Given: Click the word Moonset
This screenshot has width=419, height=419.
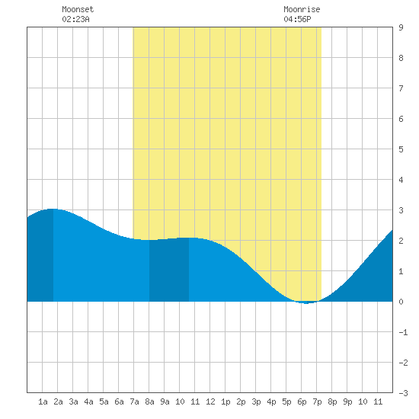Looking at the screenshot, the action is (x=78, y=9).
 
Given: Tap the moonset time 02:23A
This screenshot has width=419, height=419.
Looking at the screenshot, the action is (x=75, y=19).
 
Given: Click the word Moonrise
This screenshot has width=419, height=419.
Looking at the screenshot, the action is (x=302, y=9).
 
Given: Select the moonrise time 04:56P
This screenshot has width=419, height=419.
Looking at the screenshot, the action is (x=297, y=19).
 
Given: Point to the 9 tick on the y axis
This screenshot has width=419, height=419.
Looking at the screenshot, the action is (x=401, y=27).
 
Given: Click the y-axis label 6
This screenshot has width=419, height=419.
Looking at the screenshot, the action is (x=401, y=119).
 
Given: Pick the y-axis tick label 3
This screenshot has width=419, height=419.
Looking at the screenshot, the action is (x=401, y=210).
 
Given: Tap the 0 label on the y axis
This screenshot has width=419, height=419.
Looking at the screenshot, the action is (x=401, y=302).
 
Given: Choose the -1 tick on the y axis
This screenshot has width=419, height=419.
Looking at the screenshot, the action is (x=403, y=332).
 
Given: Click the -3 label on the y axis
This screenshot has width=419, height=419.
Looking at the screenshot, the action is (x=403, y=393).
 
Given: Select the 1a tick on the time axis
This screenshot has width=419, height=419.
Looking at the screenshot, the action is (x=43, y=401).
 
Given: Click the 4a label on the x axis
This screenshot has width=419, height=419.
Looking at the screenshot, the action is (x=88, y=401).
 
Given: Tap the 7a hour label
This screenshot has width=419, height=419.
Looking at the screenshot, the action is (x=134, y=401).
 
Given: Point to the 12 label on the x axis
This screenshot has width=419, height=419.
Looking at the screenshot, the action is (x=210, y=401).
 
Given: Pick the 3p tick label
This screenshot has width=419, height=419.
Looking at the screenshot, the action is (x=256, y=401).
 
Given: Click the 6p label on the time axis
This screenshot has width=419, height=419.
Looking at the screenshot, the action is (x=302, y=401).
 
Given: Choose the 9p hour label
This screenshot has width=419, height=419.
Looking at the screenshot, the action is (x=347, y=401).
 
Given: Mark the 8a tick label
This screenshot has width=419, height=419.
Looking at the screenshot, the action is (x=149, y=401).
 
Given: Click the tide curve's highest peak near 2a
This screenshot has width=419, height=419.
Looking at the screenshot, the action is (x=53, y=209).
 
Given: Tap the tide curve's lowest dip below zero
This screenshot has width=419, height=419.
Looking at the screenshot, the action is (x=306, y=303).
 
